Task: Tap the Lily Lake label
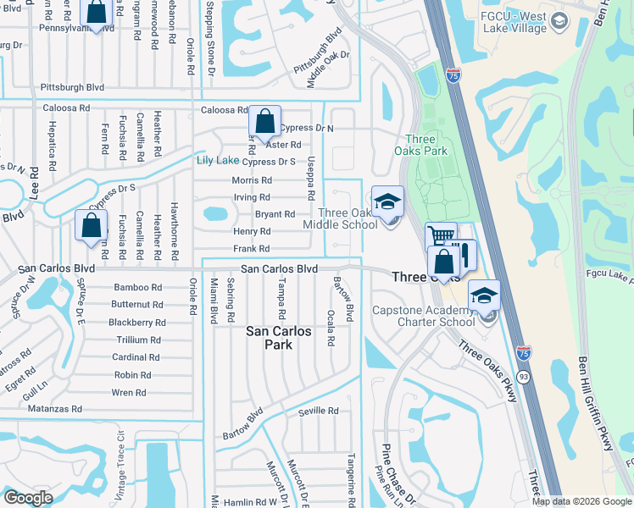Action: click(217, 160)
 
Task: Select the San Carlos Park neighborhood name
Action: click(281, 339)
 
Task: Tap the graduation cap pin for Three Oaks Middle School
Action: click(387, 202)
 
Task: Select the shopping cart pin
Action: click(440, 236)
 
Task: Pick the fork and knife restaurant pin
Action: click(463, 254)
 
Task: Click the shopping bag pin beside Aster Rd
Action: click(264, 123)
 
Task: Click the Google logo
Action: click(28, 498)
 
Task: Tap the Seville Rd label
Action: click(318, 411)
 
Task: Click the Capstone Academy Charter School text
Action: click(424, 316)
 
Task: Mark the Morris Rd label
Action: click(252, 180)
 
